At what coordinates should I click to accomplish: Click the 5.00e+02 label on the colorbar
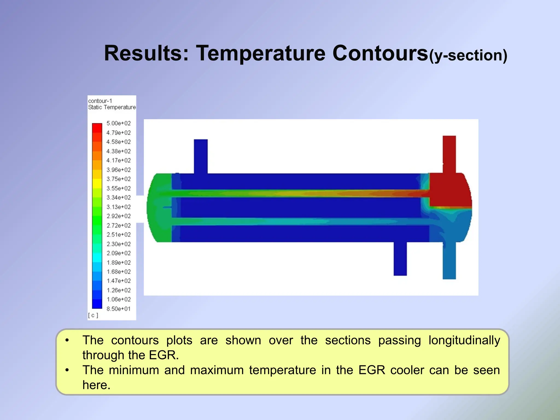pos(118,123)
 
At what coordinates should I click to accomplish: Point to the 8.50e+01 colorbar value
pos(118,309)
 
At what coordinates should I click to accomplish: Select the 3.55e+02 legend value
pos(118,188)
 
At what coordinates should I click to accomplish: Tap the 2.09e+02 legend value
pos(118,253)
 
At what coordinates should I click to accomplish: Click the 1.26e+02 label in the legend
pos(118,290)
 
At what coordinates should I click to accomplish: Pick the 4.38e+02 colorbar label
pos(118,151)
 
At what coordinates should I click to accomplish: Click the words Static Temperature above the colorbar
pos(112,107)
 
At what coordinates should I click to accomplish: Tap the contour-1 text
pos(100,101)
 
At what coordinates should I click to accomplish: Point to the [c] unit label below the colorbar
pos(93,315)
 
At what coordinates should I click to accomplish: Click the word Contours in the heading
pos(380,53)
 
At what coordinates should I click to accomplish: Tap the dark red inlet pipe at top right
pos(449,153)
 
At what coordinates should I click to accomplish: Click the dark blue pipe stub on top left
pos(201,156)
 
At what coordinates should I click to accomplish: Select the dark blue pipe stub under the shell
pos(400,258)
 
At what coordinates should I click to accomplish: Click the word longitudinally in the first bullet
pos(464,340)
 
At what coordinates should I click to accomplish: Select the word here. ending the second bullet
pos(96,385)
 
